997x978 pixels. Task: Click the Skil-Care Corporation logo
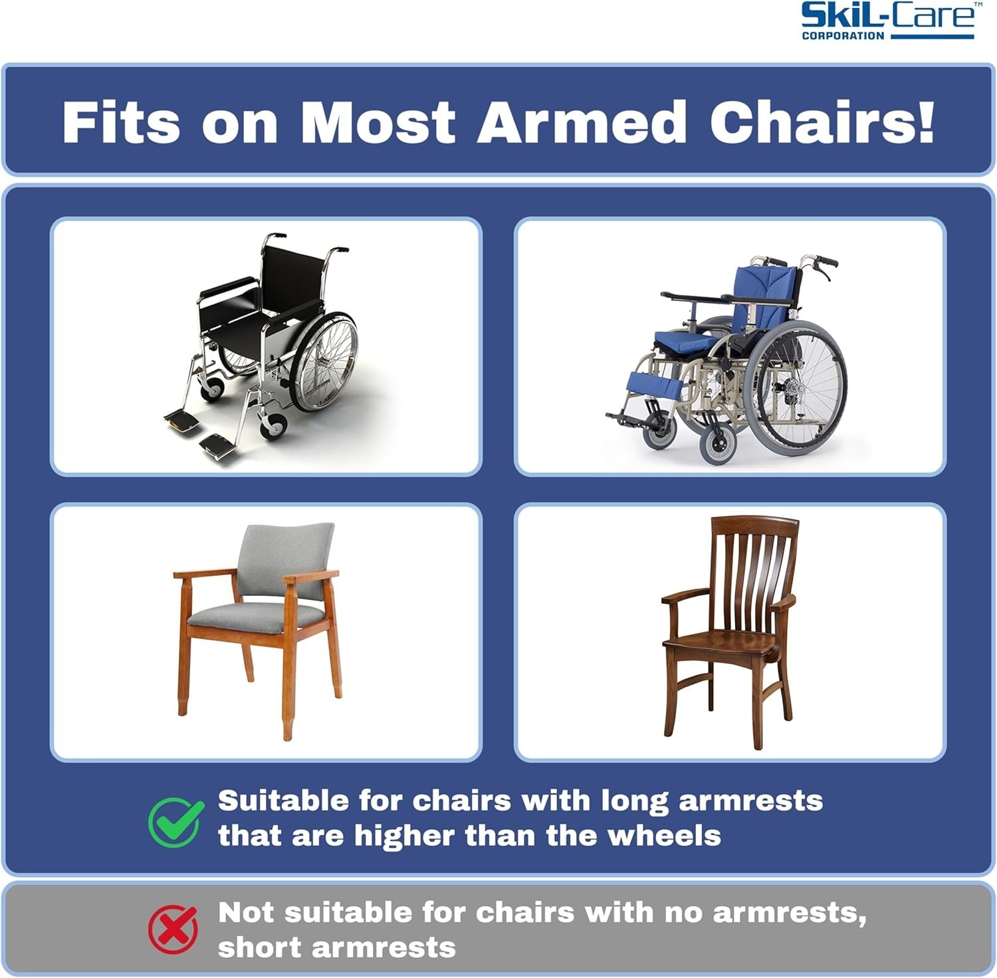(x=888, y=21)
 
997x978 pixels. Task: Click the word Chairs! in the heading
(x=822, y=122)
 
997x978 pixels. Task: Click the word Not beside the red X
(x=246, y=913)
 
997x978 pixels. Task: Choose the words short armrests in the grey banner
(x=336, y=947)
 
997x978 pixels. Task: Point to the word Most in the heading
(x=378, y=122)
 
